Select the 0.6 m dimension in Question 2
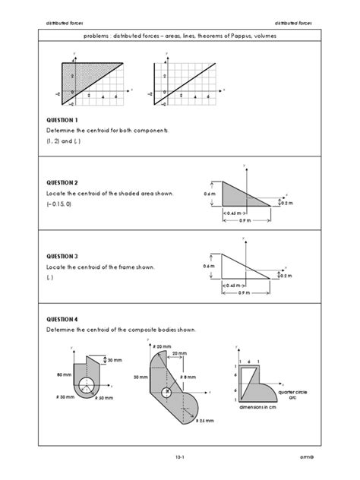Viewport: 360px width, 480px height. click(x=210, y=194)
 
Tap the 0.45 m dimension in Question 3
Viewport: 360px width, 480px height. click(x=235, y=285)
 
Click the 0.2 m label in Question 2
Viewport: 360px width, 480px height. click(x=286, y=204)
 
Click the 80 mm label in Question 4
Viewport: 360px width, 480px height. click(x=65, y=374)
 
